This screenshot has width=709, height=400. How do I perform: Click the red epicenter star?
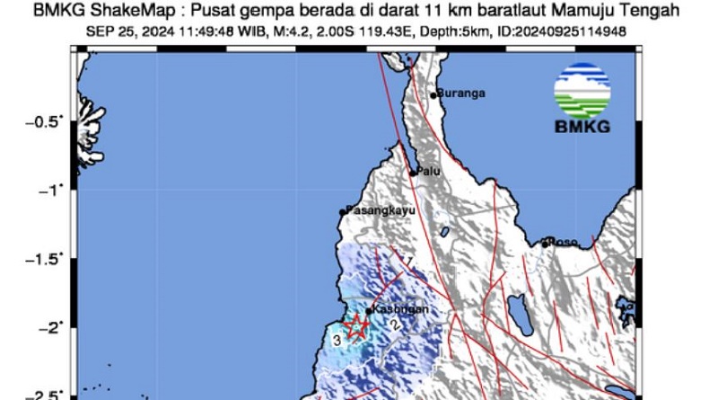357,327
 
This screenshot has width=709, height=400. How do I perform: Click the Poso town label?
564,241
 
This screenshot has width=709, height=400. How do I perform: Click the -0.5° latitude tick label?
45,121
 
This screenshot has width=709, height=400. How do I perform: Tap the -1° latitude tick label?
50,190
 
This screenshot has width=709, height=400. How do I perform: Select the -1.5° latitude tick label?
45,259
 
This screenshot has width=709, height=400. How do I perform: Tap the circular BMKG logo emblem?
582,90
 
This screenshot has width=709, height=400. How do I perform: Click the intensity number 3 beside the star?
337,341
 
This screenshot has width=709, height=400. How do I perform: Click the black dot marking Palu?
414,172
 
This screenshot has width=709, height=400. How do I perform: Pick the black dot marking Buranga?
433,94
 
